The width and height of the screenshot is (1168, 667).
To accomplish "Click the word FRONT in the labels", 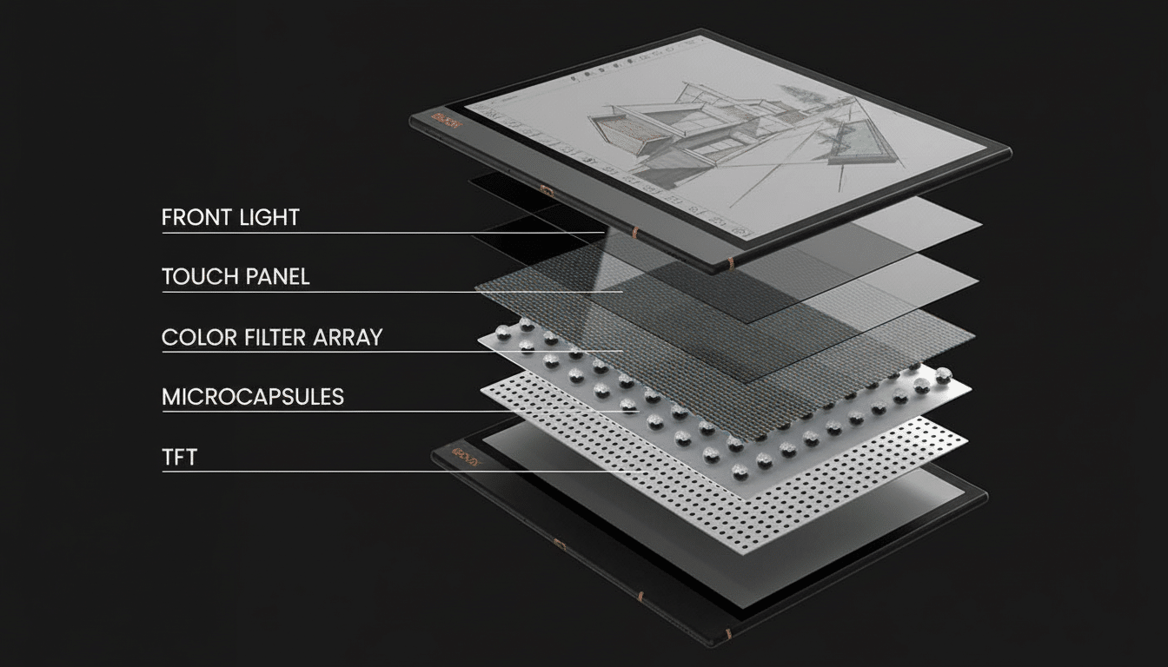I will click(193, 217).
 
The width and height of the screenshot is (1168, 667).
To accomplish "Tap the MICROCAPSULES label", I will click(253, 397).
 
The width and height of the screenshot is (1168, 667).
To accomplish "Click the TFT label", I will click(180, 457).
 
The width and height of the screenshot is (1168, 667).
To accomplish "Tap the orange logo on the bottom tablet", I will click(468, 454).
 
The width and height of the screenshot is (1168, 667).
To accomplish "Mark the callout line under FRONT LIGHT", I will click(382, 233).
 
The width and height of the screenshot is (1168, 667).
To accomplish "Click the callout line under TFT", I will click(400, 472).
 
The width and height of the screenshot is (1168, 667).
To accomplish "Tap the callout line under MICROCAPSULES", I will click(391, 412).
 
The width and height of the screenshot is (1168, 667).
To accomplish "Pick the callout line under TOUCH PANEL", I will click(391, 292).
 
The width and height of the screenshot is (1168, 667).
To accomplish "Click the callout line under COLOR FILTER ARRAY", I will click(391, 352).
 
